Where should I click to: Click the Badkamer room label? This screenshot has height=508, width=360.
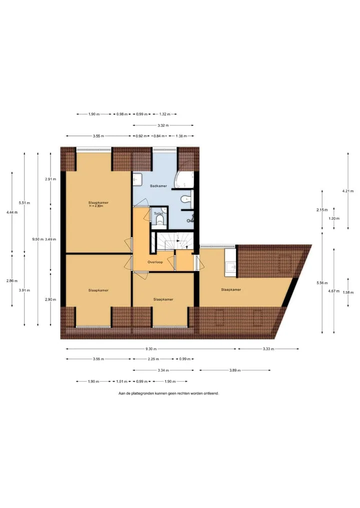click(158, 186)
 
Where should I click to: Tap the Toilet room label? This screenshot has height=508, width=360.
click(158, 214)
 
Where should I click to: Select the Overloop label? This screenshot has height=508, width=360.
click(155, 262)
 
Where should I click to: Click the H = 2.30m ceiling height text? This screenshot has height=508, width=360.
click(96, 206)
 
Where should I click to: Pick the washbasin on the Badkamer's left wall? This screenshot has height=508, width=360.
click(137, 179)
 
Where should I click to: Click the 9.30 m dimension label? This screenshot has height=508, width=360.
click(151, 349)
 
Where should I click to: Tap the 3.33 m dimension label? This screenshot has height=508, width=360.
click(268, 349)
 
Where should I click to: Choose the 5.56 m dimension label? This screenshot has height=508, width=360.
click(322, 283)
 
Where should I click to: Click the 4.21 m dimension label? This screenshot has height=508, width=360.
click(348, 191)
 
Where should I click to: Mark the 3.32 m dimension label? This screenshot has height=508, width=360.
click(163, 125)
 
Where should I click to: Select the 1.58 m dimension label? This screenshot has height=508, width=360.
click(348, 293)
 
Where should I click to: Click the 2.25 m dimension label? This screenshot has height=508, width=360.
click(153, 359)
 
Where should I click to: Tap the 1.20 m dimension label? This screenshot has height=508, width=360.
click(333, 218)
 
